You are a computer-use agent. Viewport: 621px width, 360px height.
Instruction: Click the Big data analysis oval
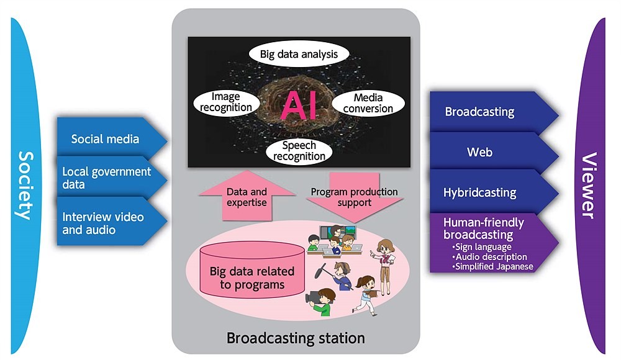pos(299,54)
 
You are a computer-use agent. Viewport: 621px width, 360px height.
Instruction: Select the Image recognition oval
pos(226,102)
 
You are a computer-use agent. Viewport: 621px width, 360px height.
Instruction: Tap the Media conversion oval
pos(368,103)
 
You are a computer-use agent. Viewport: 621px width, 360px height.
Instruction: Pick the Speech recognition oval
pos(299,151)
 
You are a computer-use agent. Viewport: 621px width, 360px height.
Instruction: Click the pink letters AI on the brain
pos(299,106)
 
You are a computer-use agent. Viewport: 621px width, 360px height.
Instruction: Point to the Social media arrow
pos(112,139)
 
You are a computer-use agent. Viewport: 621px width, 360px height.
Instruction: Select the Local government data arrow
pos(112,178)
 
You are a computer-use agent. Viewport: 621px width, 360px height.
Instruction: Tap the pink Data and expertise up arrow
pos(247,196)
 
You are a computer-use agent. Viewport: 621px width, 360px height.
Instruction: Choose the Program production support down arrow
pos(355,197)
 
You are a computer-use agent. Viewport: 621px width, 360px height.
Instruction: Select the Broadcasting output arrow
pos(494,112)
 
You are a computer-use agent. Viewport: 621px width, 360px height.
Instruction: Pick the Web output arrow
pos(494,153)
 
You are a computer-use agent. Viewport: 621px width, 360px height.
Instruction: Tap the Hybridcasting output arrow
pos(494,192)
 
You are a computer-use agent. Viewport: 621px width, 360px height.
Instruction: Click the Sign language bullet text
pos(482,247)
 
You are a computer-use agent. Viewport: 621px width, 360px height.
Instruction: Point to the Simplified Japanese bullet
pos(492,266)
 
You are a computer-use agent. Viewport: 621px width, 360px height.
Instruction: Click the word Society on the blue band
pos(26,186)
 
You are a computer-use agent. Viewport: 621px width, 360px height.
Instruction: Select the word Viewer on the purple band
pos(589,186)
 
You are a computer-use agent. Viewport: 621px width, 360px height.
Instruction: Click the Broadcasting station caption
pos(296,338)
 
